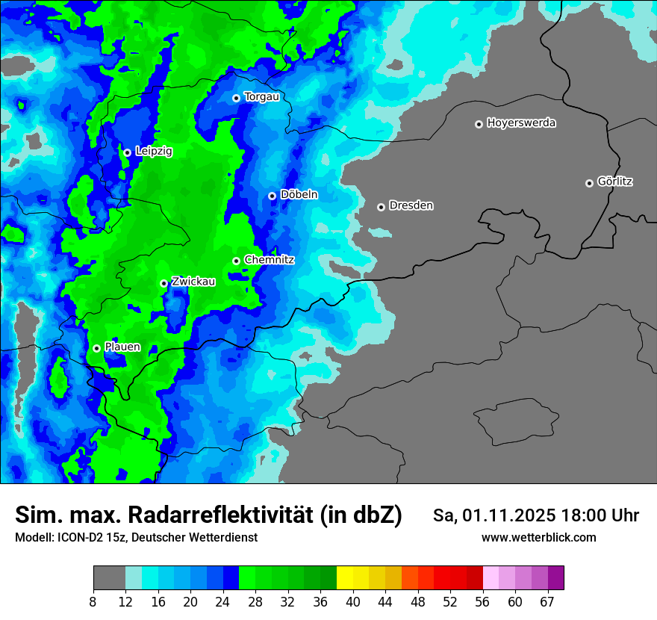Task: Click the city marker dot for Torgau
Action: pyautogui.click(x=236, y=98)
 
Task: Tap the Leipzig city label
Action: pyautogui.click(x=154, y=152)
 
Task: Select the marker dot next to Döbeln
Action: pyautogui.click(x=272, y=196)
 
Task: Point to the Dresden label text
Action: pyautogui.click(x=411, y=205)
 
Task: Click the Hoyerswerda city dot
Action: pyautogui.click(x=479, y=124)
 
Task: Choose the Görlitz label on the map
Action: pyautogui.click(x=615, y=182)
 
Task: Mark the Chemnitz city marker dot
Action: pyautogui.click(x=236, y=261)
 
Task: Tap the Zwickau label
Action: pyautogui.click(x=193, y=282)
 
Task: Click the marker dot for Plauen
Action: pyautogui.click(x=96, y=348)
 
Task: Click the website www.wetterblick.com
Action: pyautogui.click(x=538, y=538)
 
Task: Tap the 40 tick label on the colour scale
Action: pyautogui.click(x=352, y=602)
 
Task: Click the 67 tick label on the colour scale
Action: pyautogui.click(x=547, y=602)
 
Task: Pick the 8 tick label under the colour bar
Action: pyautogui.click(x=93, y=602)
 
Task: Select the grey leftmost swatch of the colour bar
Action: pyautogui.click(x=109, y=578)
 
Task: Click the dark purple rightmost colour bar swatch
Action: pyautogui.click(x=555, y=578)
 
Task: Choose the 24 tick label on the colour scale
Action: pyautogui.click(x=222, y=602)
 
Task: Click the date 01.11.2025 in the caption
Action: pyautogui.click(x=508, y=515)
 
